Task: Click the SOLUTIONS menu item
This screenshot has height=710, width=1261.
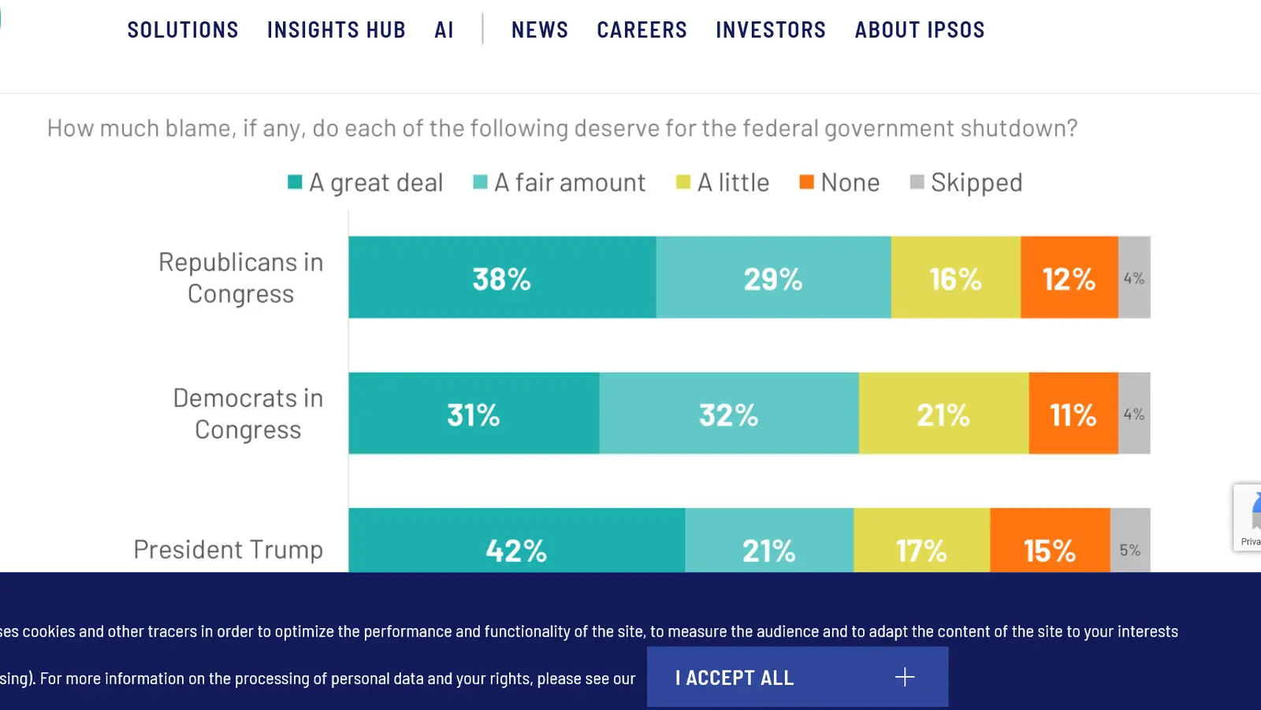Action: click(x=183, y=30)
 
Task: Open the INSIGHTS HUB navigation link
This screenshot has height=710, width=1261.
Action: click(x=337, y=30)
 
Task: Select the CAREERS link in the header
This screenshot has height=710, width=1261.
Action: click(x=642, y=30)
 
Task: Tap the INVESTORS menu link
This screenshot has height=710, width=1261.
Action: click(x=771, y=30)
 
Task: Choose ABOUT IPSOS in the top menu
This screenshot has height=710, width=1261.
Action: click(x=920, y=30)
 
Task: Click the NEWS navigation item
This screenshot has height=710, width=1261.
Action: click(x=540, y=30)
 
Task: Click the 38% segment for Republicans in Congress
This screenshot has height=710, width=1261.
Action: click(x=502, y=278)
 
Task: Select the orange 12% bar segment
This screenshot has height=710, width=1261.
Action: click(x=1069, y=278)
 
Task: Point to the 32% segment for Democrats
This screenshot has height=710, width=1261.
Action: click(x=728, y=414)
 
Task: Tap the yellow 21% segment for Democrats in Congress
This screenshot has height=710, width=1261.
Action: click(x=943, y=414)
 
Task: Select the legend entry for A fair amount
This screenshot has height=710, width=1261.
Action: click(x=560, y=183)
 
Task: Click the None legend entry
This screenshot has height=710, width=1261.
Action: click(x=840, y=183)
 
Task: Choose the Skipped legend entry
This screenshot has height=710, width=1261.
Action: click(x=967, y=183)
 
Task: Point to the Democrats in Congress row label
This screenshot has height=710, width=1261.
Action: click(x=247, y=414)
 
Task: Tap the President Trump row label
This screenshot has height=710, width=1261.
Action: click(x=229, y=549)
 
